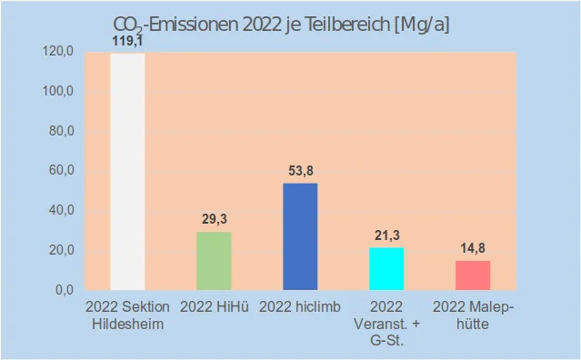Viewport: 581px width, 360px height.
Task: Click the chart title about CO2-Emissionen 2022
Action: coord(281,25)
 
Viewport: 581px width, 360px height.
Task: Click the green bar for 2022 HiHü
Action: coord(214,261)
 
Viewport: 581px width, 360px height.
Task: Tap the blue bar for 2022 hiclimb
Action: coord(300,236)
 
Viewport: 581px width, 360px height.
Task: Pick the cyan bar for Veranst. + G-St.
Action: coord(386,268)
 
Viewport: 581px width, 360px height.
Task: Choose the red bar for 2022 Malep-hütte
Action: coord(473,275)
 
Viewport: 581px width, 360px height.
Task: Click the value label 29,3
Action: coord(214,219)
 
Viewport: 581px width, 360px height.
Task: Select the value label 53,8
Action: coord(300,170)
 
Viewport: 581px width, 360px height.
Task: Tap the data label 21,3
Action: coord(386,235)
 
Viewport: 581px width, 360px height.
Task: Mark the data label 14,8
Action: coord(473,248)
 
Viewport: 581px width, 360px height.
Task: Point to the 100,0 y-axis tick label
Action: coord(58,92)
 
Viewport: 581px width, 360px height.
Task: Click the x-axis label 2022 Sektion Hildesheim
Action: coord(127,315)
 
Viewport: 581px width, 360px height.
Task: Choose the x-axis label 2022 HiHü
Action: coord(214,307)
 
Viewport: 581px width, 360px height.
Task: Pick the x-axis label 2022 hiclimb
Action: coord(300,307)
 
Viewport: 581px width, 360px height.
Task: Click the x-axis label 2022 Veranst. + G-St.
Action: coord(386,323)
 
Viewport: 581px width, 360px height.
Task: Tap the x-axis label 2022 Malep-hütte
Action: coord(473,315)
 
